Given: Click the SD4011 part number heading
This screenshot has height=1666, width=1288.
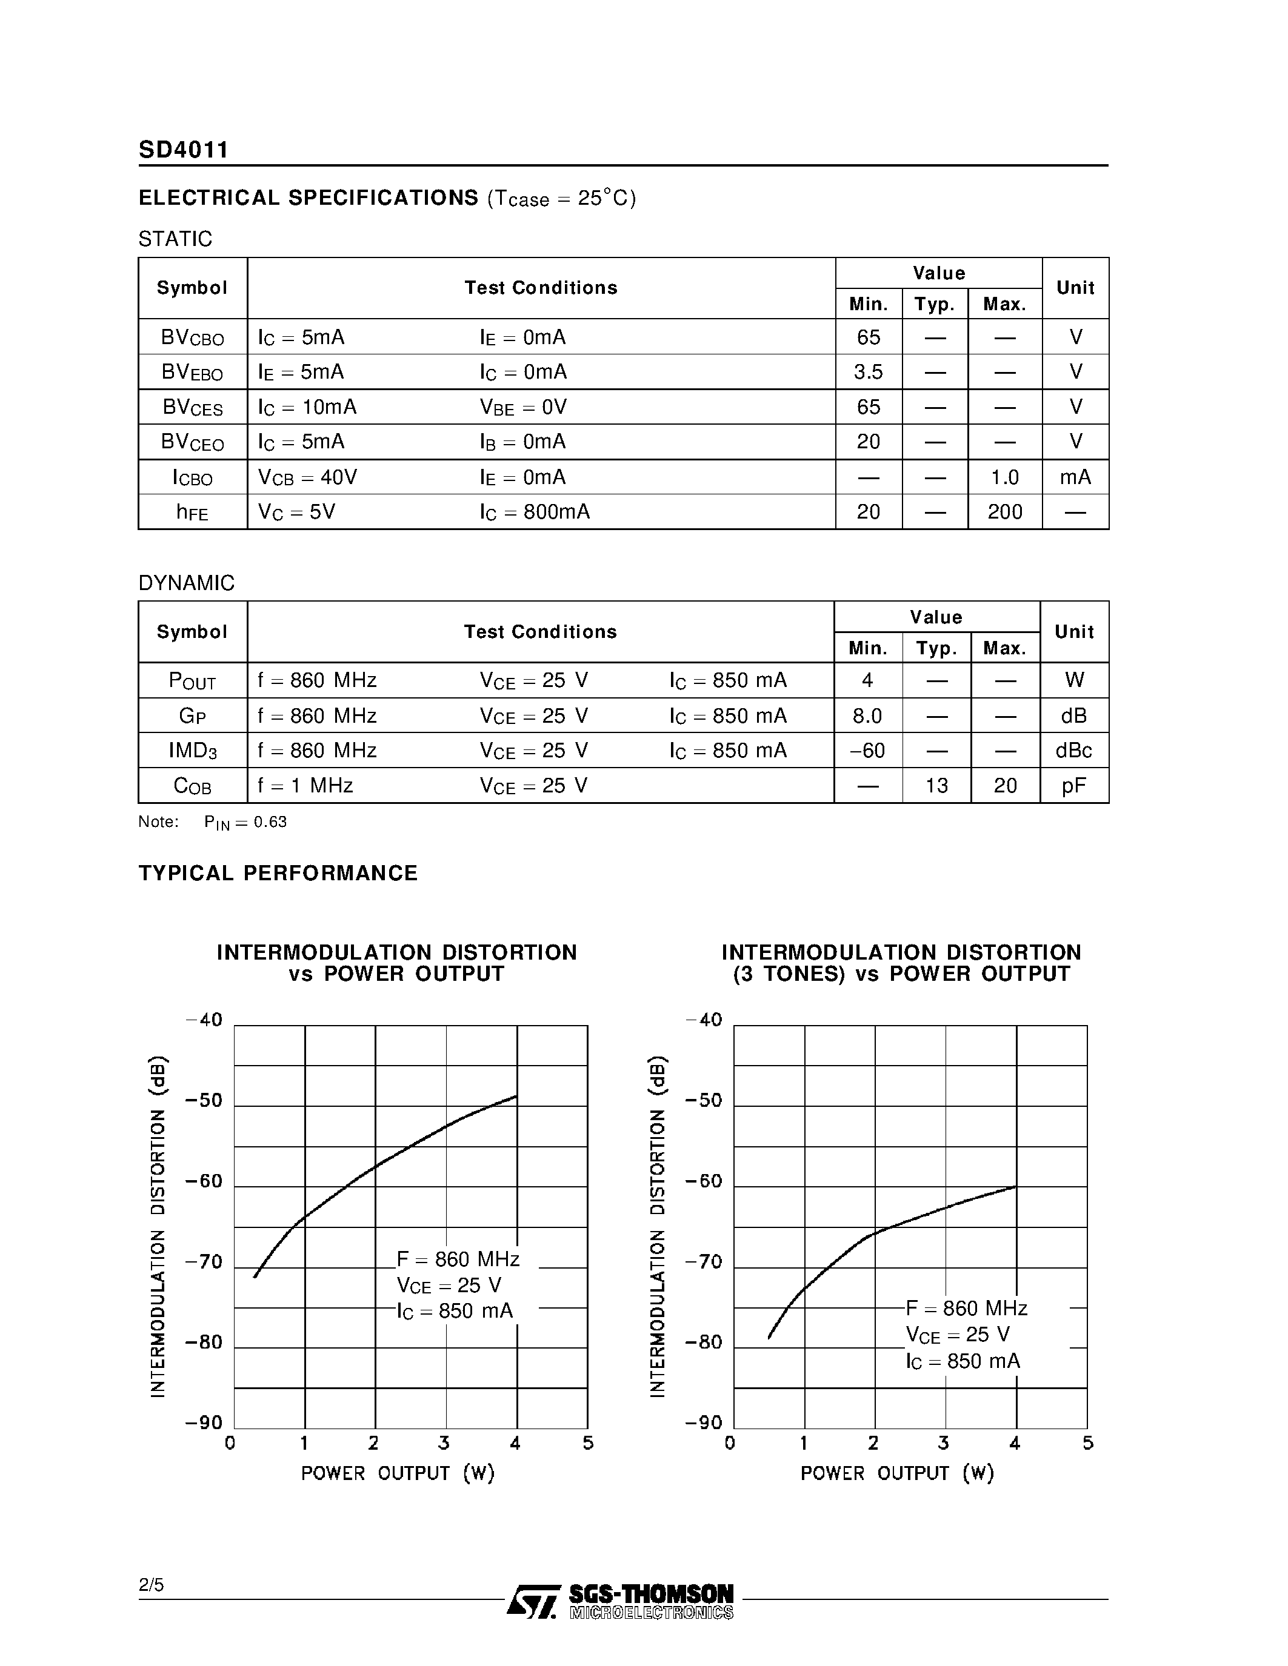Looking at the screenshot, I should [x=183, y=150].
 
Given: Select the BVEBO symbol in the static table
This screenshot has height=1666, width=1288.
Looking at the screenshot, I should [x=192, y=372].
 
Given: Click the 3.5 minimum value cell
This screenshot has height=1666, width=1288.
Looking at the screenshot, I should [x=869, y=372].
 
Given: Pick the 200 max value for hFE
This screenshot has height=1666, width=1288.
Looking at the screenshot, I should [x=1004, y=512].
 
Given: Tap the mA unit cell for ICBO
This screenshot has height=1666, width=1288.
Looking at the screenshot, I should [x=1075, y=477].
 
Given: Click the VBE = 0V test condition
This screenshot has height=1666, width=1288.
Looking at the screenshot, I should [x=524, y=407].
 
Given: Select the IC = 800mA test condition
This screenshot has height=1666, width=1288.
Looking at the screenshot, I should [x=535, y=512].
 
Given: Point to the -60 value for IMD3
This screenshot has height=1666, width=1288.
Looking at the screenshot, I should [x=867, y=751].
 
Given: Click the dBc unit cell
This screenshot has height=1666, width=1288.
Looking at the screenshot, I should [x=1073, y=751].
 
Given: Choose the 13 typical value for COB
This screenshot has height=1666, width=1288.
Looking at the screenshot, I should [x=936, y=786].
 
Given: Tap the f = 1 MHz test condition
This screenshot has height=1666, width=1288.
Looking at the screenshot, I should [x=305, y=786].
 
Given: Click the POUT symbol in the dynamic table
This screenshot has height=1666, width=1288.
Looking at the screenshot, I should [x=192, y=680].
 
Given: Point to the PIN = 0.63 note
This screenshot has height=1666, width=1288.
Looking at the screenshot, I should [x=245, y=822].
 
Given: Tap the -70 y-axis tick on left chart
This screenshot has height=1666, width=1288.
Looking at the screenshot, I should [x=204, y=1262].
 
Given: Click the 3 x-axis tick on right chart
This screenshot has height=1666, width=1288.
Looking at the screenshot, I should [x=944, y=1443].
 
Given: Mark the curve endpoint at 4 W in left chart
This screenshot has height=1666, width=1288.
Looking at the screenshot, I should [x=516, y=1096].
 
